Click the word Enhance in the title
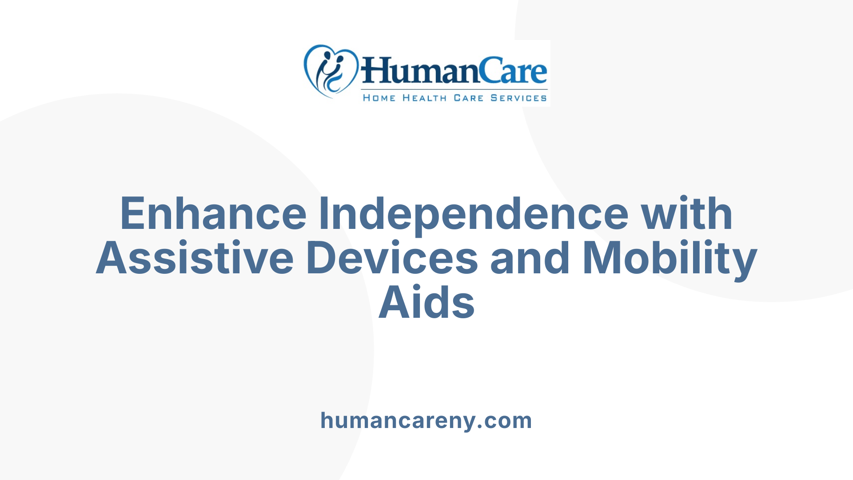pos(213,214)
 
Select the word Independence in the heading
pos(474,214)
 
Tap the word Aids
pos(426,303)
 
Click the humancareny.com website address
pos(426,420)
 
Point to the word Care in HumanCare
pos(513,71)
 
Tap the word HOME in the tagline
pos(379,98)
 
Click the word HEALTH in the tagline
pos(424,98)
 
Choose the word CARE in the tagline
pos(468,98)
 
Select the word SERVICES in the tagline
pos(518,98)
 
